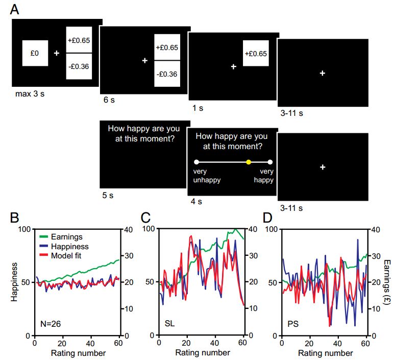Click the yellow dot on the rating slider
click(x=249, y=162)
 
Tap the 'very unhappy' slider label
click(x=204, y=176)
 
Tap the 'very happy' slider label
click(x=264, y=176)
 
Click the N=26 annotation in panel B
click(x=51, y=323)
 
